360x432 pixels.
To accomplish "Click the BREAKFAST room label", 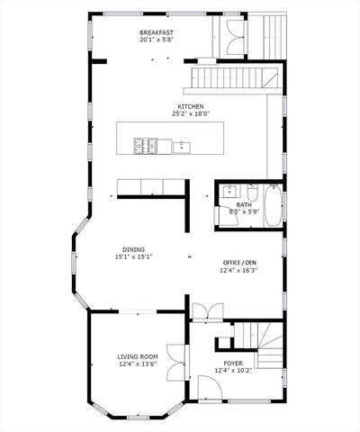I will click(x=157, y=31).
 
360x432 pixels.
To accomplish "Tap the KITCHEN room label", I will click(x=190, y=106).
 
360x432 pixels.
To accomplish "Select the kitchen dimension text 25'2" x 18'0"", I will click(x=190, y=114).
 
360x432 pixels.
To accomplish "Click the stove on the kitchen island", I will click(x=146, y=144).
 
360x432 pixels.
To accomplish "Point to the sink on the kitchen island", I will click(x=183, y=146).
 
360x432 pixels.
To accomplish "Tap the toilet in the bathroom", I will click(x=251, y=193).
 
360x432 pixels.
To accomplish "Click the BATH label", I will click(x=244, y=204).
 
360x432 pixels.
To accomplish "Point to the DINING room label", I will click(x=133, y=249).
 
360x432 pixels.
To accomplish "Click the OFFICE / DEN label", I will click(x=238, y=263).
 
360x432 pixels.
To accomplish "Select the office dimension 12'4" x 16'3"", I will click(x=238, y=271).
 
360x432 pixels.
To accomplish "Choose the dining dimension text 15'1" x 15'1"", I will click(x=133, y=257).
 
